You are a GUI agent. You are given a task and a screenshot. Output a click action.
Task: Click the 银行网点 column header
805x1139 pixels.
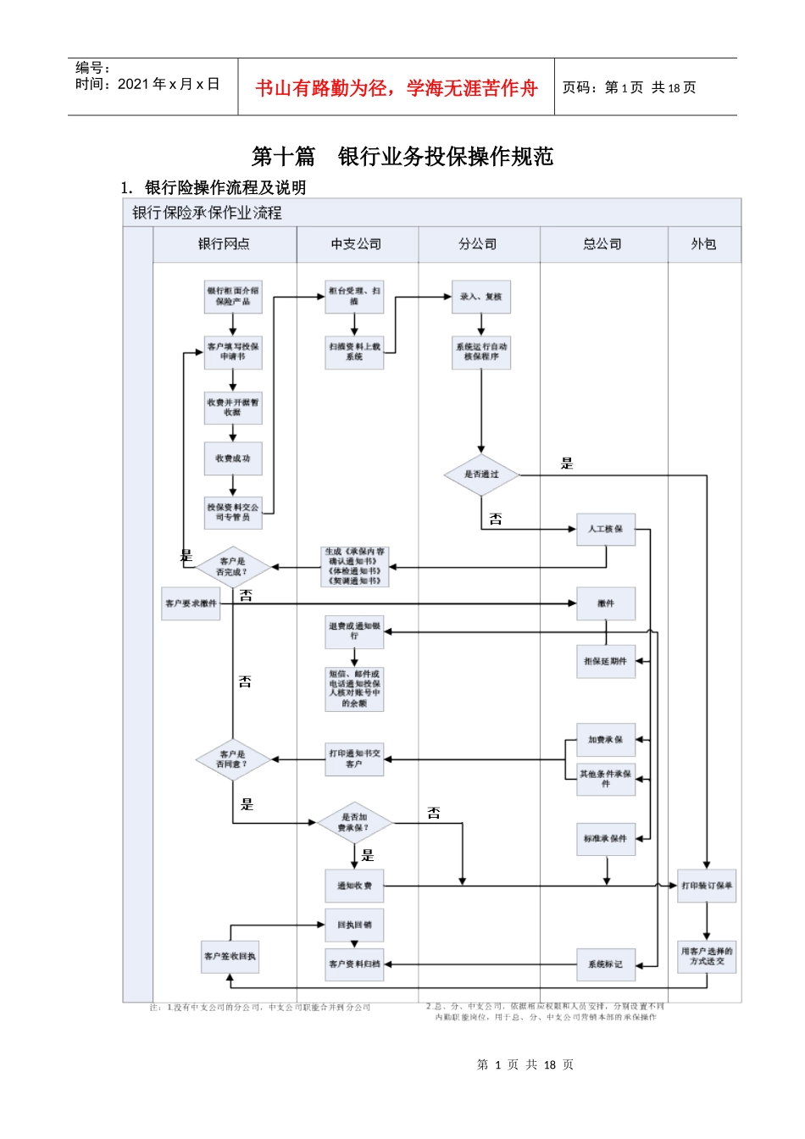tap(224, 244)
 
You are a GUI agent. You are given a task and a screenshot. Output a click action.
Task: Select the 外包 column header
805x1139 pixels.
tap(703, 244)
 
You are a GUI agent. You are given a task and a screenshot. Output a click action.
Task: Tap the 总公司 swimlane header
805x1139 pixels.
tap(602, 244)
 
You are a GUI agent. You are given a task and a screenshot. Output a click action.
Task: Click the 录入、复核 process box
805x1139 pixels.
tap(480, 297)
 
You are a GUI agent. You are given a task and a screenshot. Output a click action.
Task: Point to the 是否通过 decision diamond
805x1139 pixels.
tap(480, 475)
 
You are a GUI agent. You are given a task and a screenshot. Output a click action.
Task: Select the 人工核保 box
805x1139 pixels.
tap(605, 529)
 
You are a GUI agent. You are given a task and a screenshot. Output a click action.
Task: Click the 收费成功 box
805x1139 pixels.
tap(232, 458)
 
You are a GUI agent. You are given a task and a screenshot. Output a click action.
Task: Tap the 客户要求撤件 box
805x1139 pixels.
tap(191, 603)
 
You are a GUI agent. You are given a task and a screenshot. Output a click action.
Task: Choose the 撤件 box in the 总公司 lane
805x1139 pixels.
tap(605, 603)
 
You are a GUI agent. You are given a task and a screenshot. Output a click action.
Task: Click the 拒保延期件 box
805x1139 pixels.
tap(605, 661)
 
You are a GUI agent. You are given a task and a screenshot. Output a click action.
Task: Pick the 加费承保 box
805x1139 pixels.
tap(605, 740)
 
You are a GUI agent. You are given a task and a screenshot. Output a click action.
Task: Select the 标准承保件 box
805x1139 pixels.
tap(605, 839)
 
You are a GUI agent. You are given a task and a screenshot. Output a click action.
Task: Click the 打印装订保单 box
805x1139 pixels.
tap(707, 886)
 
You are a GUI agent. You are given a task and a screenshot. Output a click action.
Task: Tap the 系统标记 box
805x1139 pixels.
tap(605, 964)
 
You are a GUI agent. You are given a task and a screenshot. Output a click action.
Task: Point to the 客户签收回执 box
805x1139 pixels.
tap(230, 957)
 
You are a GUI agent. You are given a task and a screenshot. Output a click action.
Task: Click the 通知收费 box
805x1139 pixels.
tap(354, 886)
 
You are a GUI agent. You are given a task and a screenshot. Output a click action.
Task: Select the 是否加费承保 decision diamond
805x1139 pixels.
tap(354, 823)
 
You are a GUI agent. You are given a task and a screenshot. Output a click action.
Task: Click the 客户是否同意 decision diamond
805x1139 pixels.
tap(232, 759)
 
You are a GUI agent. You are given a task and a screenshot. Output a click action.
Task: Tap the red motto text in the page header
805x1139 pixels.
tap(396, 88)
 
